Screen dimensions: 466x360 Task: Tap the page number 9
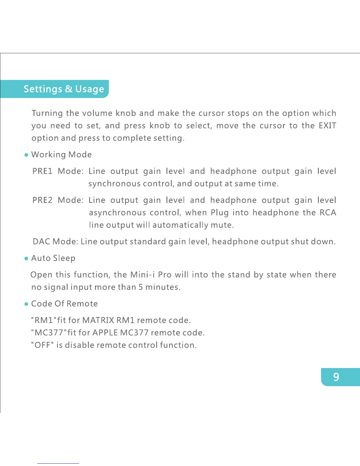click(x=336, y=377)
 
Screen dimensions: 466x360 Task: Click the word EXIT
click(x=327, y=126)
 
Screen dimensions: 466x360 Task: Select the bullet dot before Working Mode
click(x=26, y=155)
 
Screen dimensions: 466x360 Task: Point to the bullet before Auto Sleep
click(x=26, y=258)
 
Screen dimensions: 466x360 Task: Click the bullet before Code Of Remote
click(x=26, y=304)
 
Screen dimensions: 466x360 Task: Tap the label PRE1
click(x=42, y=171)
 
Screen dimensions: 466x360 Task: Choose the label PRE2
click(x=42, y=200)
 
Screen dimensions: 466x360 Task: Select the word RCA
click(x=328, y=212)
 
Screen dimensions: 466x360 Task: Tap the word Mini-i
click(x=142, y=275)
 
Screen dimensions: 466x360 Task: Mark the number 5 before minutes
click(x=141, y=287)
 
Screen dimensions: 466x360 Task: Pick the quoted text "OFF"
click(x=42, y=345)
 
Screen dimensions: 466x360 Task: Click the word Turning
click(x=47, y=113)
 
